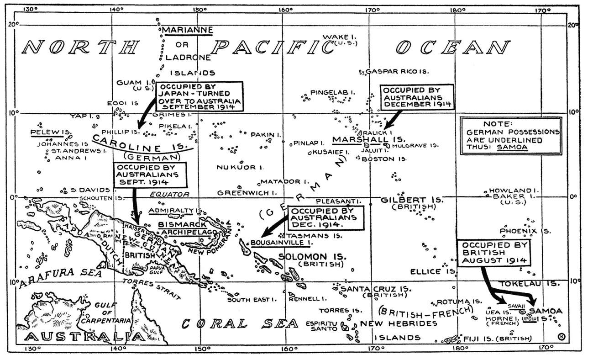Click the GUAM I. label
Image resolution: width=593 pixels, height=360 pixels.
coord(129,83)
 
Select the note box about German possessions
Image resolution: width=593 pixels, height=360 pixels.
coord(510,136)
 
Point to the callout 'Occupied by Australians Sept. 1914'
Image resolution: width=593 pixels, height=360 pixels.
coord(150,174)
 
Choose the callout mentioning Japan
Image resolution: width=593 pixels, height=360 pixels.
coord(199,96)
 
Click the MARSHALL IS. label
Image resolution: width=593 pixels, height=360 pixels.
coord(362,139)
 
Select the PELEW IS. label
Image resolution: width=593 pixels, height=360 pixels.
coord(50,132)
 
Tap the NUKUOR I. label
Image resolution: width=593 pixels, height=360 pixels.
coord(236,167)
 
